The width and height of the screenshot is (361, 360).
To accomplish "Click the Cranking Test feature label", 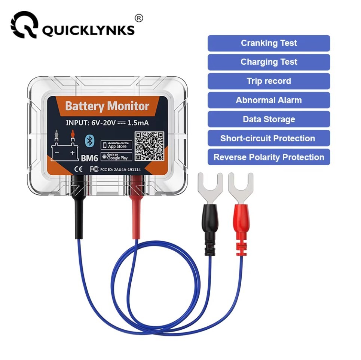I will (x=269, y=43).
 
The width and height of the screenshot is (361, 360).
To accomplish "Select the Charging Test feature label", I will (x=269, y=62).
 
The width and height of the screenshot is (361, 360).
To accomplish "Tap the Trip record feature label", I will (x=269, y=81).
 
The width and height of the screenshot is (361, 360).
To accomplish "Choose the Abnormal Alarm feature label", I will (x=269, y=100).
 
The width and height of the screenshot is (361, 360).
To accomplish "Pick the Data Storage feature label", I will (x=269, y=119).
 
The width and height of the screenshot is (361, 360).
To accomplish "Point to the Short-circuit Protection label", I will (x=269, y=138).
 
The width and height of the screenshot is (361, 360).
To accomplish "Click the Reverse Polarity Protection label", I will (x=269, y=157).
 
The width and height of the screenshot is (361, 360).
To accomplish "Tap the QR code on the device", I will (x=149, y=146).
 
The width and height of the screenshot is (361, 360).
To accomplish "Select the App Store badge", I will (x=116, y=145).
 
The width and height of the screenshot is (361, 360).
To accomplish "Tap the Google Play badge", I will (x=116, y=156).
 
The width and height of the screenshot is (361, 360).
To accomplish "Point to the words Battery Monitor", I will (x=107, y=106).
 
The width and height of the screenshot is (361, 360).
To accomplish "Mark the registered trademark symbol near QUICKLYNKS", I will (x=139, y=18).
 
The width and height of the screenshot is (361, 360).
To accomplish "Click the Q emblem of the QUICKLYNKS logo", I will (x=24, y=25).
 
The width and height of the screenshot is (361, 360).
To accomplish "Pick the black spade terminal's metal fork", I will (x=209, y=187).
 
